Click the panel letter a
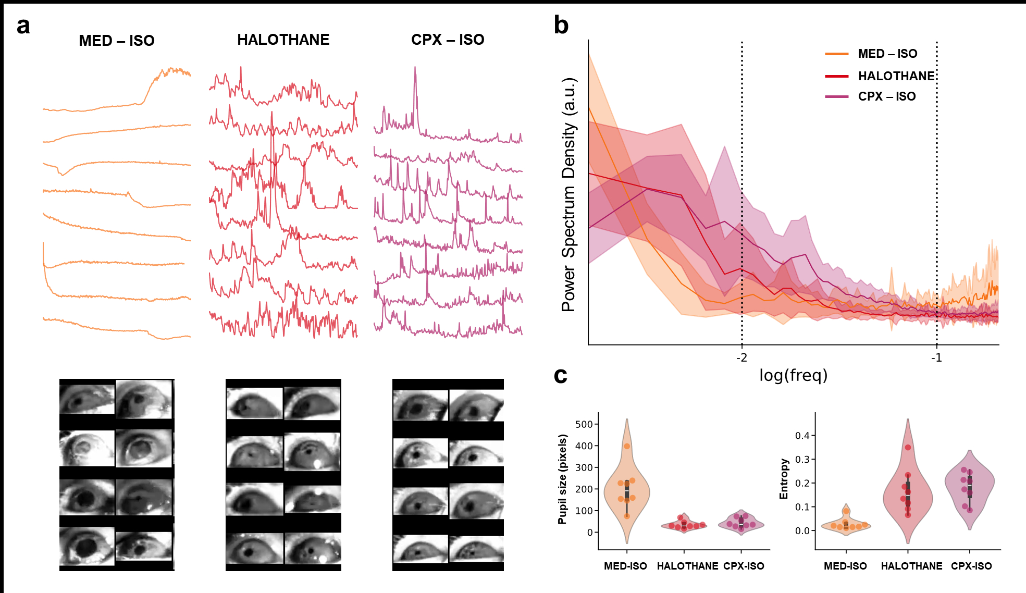click(x=23, y=26)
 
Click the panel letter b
click(x=561, y=25)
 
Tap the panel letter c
click(x=560, y=375)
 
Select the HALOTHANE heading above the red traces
click(x=283, y=40)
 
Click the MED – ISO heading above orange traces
click(x=116, y=41)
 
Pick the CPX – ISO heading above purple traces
click(x=448, y=40)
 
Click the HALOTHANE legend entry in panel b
click(x=896, y=76)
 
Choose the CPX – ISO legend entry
click(x=886, y=96)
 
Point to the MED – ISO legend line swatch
click(x=837, y=54)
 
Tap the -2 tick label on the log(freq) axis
click(x=741, y=358)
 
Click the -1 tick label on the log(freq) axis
click(x=936, y=358)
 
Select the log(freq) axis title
click(x=793, y=375)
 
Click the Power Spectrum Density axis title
click(x=568, y=194)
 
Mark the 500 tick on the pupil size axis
click(x=584, y=424)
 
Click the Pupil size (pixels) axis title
click(x=562, y=479)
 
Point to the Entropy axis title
click(x=783, y=479)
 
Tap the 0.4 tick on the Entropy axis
click(x=801, y=436)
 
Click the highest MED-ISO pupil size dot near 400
click(x=627, y=446)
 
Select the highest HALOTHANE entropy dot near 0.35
click(x=908, y=448)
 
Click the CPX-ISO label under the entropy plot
click(x=971, y=566)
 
